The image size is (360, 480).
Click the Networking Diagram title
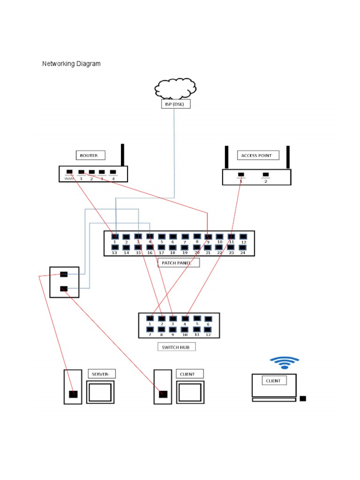[x=71, y=64]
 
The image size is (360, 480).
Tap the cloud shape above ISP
[x=175, y=88]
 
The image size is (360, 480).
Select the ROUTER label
[x=90, y=155]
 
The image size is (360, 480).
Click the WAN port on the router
[x=69, y=172]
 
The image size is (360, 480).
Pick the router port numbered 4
[x=112, y=172]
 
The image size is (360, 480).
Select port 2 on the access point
[x=266, y=175]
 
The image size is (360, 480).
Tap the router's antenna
[x=122, y=155]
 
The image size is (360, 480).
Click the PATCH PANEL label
[x=178, y=263]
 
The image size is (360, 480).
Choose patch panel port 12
[x=243, y=237]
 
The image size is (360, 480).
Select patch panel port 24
[x=243, y=247]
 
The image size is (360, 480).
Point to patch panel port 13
[x=114, y=247]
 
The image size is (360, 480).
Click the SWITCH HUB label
[x=176, y=347]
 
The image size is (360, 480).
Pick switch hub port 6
[x=208, y=319]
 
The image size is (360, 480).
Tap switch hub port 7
[x=150, y=330]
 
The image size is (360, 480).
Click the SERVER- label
[x=102, y=374]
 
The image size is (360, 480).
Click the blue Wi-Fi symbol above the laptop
[x=284, y=362]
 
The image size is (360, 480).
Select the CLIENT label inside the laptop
[x=273, y=381]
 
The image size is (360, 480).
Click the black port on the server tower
[x=73, y=394]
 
